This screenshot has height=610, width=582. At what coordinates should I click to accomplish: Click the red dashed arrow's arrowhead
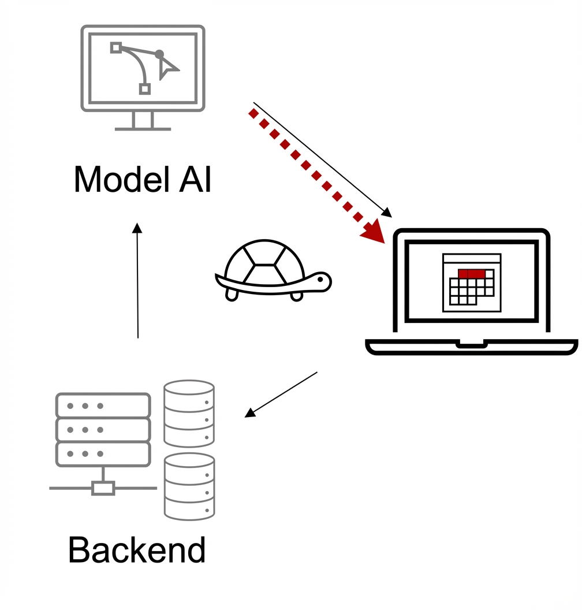coord(374,230)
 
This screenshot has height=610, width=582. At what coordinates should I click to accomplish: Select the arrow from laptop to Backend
coord(282,394)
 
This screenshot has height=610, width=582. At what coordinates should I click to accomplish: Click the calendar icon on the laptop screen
coord(471,282)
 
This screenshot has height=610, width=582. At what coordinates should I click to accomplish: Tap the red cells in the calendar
coord(471,273)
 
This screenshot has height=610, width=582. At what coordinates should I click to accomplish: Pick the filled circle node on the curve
coord(159,54)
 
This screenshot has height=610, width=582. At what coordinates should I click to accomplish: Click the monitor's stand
coord(143,121)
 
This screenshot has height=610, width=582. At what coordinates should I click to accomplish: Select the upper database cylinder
coord(189,412)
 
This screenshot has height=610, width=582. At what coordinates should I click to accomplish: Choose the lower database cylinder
coord(189,486)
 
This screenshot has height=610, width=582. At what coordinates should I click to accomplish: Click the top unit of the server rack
coord(103,406)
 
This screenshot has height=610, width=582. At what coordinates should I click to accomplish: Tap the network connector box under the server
coord(103,488)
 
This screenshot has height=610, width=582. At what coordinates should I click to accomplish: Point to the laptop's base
coord(472,347)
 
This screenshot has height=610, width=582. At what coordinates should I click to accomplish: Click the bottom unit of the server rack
coord(103,454)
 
